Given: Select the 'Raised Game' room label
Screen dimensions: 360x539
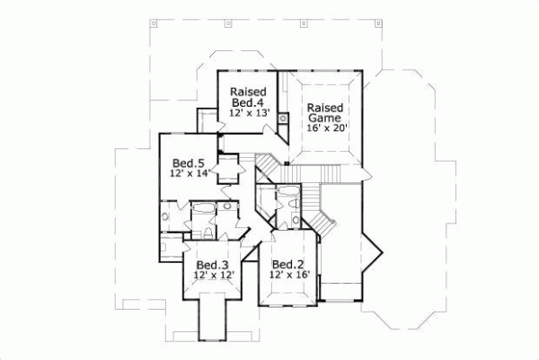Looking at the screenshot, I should [x=325, y=112].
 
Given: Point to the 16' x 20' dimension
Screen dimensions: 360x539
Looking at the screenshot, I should [x=326, y=129].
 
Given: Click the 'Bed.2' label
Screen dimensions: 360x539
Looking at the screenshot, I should [x=286, y=264].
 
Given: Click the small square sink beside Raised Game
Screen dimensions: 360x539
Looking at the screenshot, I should [x=283, y=118].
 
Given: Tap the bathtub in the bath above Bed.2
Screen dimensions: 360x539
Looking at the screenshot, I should [x=288, y=193].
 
